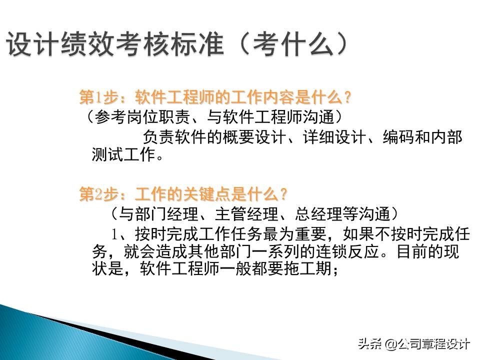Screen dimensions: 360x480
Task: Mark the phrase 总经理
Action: [x=319, y=214]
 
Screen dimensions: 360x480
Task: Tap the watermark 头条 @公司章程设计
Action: [x=413, y=343]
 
